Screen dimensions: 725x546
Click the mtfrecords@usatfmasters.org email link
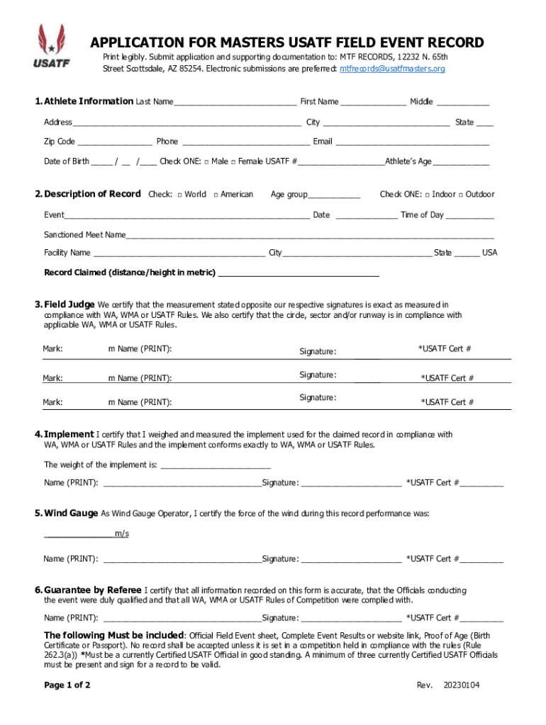pyautogui.click(x=392, y=69)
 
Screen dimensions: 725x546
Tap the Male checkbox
pyautogui.click(x=206, y=162)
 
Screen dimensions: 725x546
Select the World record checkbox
pyautogui.click(x=179, y=195)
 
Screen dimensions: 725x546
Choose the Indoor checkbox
pyautogui.click(x=426, y=195)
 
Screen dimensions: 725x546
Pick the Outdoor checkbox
pyautogui.click(x=460, y=195)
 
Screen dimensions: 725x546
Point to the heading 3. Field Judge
pyautogui.click(x=65, y=304)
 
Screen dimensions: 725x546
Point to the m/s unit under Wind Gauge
pyautogui.click(x=122, y=534)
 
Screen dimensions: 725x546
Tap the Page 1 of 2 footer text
pyautogui.click(x=67, y=685)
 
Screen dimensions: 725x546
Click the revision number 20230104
pyautogui.click(x=462, y=685)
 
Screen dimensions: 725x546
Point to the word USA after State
pyautogui.click(x=490, y=253)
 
